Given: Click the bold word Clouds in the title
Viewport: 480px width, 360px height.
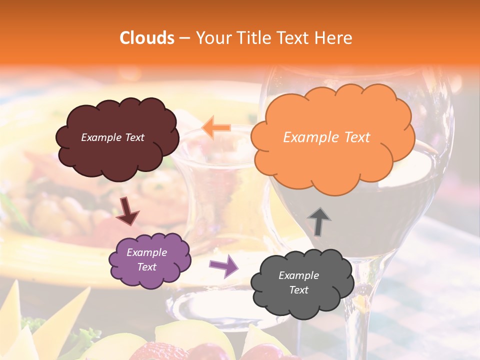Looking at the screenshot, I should coord(146,38).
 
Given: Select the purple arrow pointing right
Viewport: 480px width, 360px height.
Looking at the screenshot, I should coord(224,266).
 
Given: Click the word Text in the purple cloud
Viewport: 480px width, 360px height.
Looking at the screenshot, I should coord(146,267).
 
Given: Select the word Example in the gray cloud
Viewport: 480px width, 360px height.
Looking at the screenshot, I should coord(298,275).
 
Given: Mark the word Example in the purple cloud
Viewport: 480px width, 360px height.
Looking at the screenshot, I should coord(146,252).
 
